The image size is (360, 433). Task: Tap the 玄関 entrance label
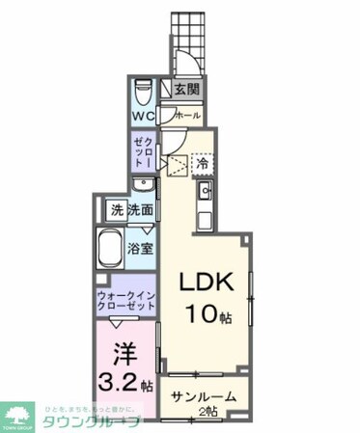186,91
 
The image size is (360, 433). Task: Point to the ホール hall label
187,116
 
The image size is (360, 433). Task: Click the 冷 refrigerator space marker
202,164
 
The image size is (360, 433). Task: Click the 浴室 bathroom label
141,249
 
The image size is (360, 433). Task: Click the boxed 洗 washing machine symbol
116,209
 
